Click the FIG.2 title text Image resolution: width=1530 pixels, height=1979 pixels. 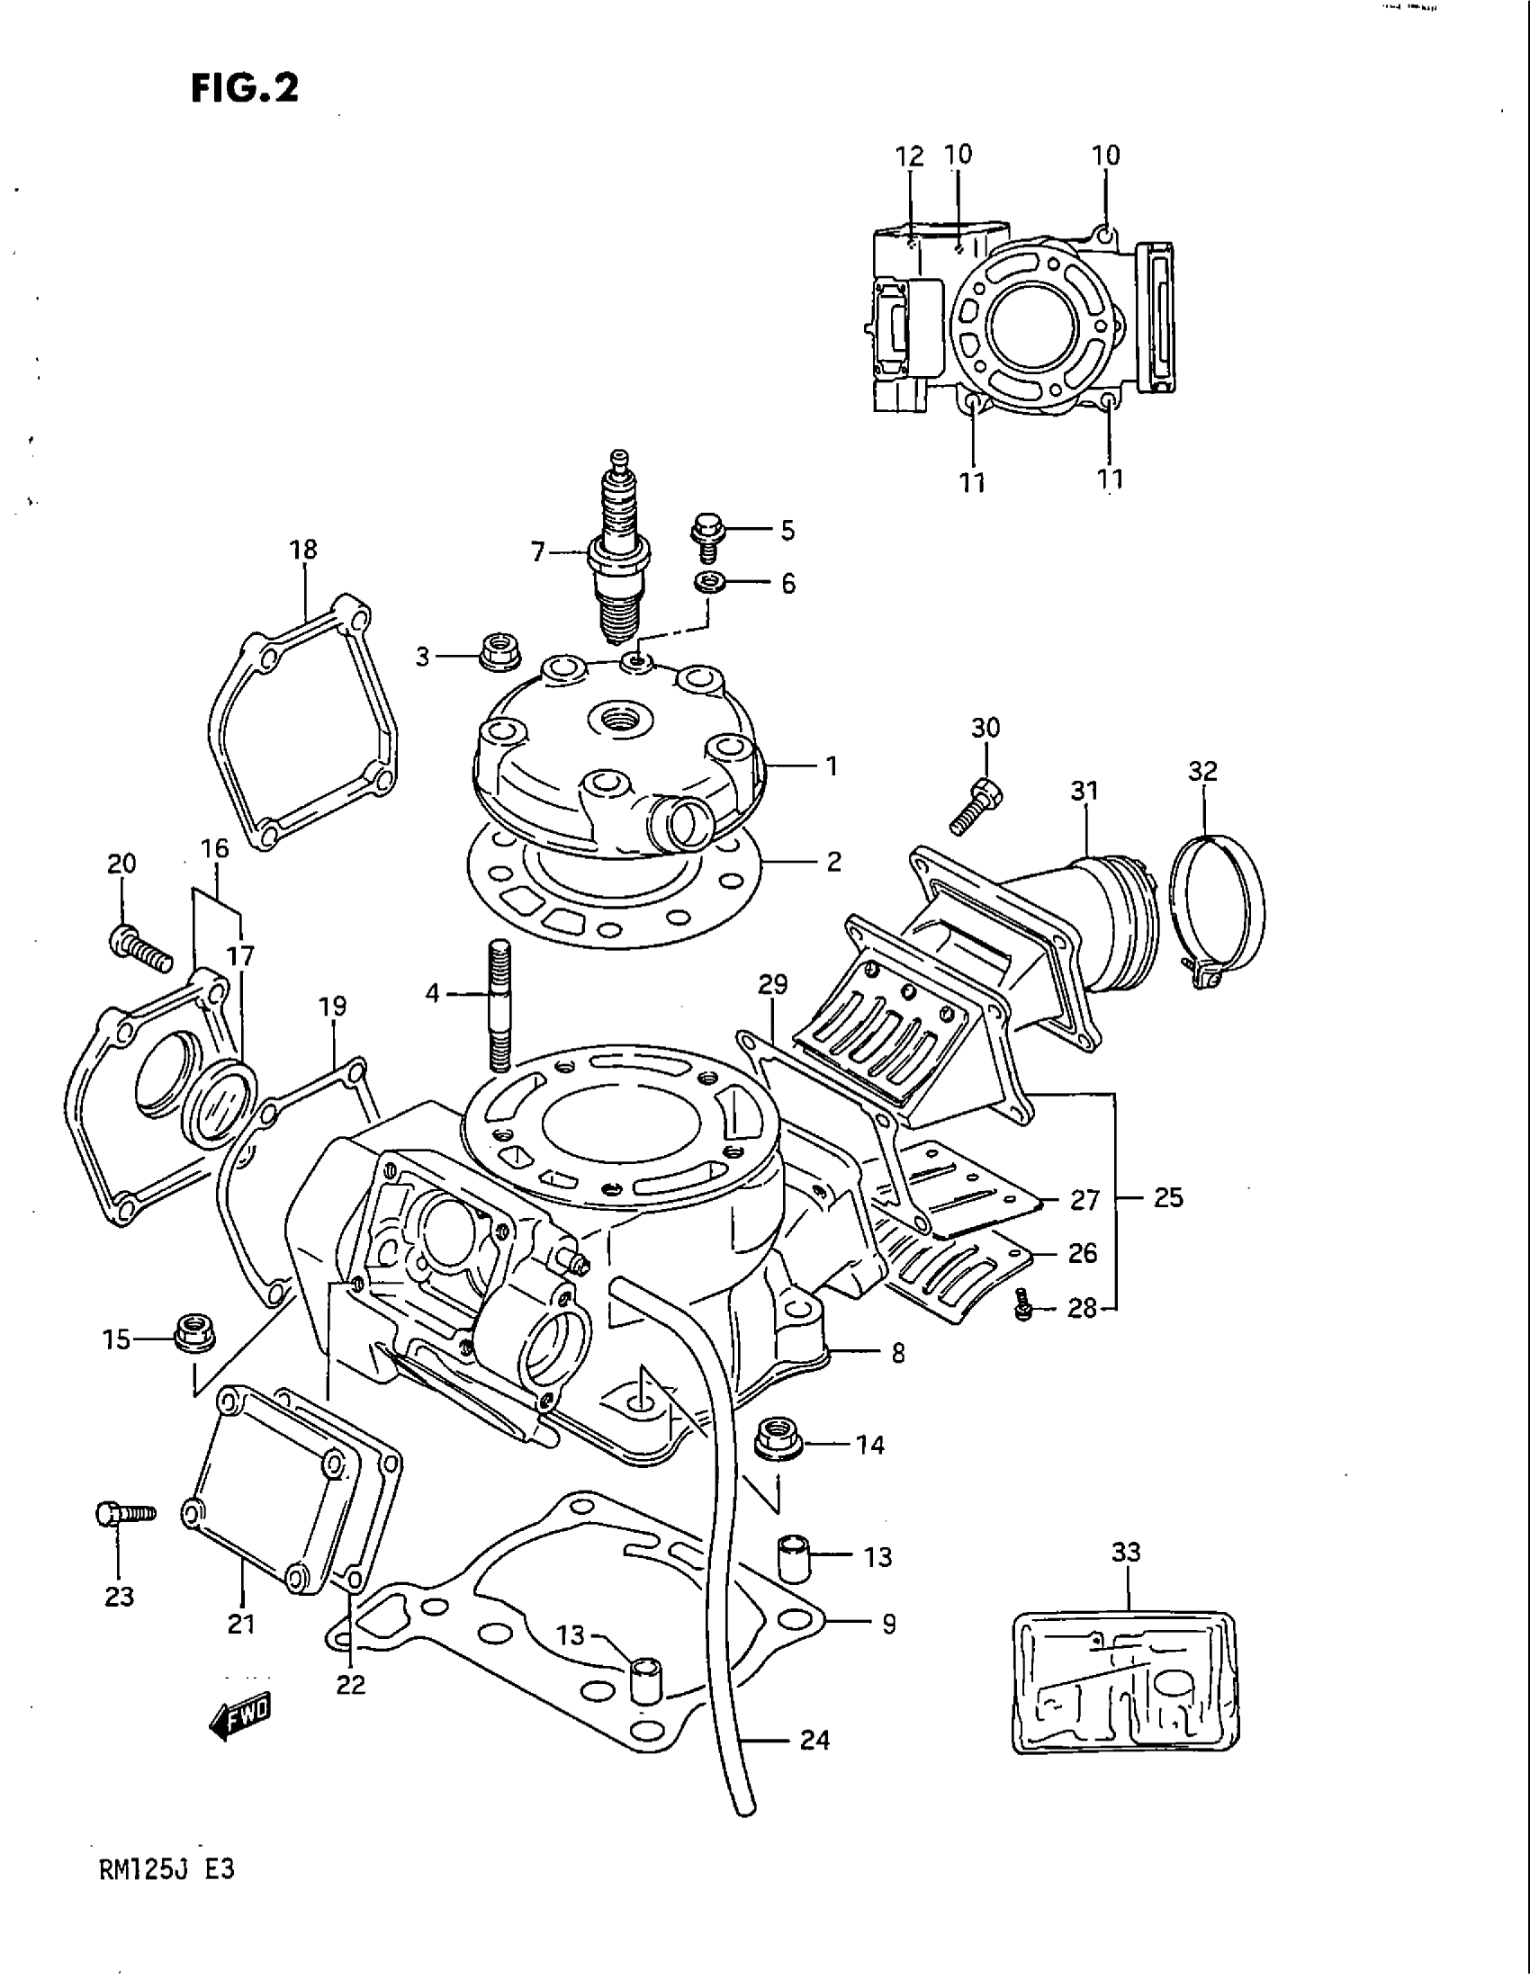(244, 88)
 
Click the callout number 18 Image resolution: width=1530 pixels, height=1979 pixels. (303, 549)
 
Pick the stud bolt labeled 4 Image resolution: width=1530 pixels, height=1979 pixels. (499, 1006)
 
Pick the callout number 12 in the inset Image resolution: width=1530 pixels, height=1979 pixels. (909, 156)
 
